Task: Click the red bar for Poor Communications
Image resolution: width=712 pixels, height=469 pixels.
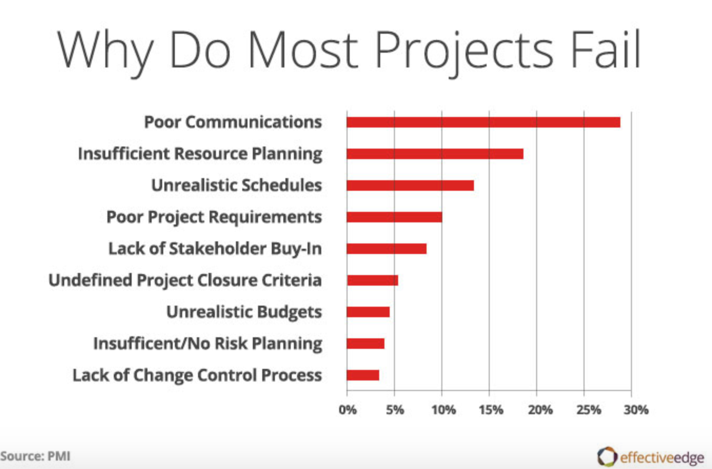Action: click(x=483, y=122)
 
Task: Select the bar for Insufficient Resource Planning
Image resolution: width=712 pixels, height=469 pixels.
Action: click(x=434, y=154)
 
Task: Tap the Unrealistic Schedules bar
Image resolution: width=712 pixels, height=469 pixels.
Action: click(x=410, y=185)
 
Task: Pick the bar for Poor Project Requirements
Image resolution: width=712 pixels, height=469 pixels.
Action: click(x=394, y=217)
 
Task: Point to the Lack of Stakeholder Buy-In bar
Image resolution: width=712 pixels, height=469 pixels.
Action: click(x=386, y=249)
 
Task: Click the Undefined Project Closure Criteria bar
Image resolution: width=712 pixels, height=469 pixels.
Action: click(x=372, y=280)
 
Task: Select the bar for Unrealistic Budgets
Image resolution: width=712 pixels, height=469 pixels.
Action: click(x=368, y=312)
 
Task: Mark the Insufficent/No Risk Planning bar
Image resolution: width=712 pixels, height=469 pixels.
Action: click(x=365, y=344)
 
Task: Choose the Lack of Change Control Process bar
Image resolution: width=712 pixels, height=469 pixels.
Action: click(x=362, y=375)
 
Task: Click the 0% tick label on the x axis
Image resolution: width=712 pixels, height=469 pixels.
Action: click(x=348, y=409)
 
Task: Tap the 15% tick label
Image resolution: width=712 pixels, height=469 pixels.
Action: click(x=491, y=409)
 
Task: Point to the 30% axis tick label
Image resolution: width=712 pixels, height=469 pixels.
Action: click(x=636, y=409)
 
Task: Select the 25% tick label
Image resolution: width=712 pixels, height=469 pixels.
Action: click(x=588, y=409)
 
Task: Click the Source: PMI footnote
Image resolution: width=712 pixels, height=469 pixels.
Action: click(x=35, y=456)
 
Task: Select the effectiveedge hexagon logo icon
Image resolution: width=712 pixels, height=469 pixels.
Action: click(x=607, y=456)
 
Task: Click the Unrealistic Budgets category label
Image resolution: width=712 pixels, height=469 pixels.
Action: click(x=244, y=312)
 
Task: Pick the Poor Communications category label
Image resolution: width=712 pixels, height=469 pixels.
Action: click(x=233, y=122)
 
